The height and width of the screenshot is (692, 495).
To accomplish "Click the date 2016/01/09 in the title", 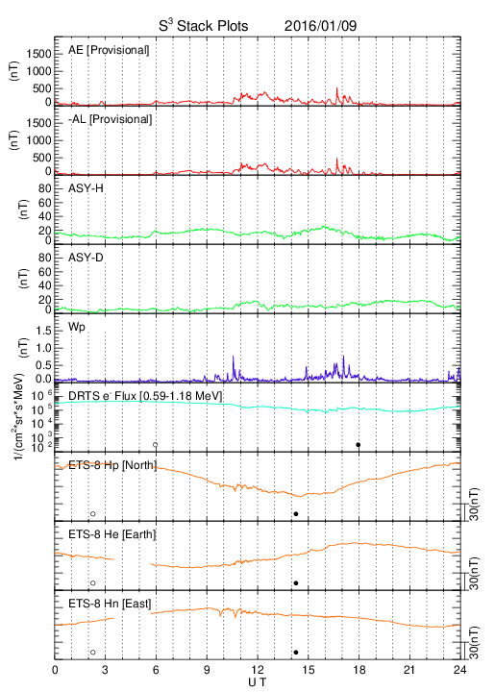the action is click(320, 26).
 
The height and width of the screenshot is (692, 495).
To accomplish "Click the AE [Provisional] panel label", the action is click(109, 50).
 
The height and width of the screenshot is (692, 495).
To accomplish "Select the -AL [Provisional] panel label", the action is click(110, 119).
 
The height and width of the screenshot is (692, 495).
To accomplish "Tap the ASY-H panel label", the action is click(86, 188).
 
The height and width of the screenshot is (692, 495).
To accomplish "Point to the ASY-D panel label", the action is click(86, 258).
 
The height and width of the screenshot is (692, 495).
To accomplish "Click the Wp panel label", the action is click(77, 327).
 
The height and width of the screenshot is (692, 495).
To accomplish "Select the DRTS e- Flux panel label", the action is click(145, 396).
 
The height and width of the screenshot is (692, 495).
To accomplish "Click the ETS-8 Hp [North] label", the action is click(112, 465).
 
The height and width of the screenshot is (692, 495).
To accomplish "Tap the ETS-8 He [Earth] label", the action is click(112, 534).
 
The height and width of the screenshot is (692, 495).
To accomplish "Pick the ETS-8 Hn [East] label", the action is click(110, 604).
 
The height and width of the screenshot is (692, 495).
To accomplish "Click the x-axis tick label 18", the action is click(359, 670).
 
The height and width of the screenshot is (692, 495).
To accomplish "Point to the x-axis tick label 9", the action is click(207, 670).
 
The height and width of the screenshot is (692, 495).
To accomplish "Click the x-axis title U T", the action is click(258, 682).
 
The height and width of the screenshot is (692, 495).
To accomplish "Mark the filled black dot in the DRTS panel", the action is click(359, 445).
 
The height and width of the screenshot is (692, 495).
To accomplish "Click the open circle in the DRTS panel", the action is click(156, 445).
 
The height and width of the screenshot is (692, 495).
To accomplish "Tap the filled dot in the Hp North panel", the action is click(296, 513).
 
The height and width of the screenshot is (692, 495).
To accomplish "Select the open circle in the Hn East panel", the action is click(93, 653).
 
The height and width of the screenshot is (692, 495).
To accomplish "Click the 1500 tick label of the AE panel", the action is click(39, 54).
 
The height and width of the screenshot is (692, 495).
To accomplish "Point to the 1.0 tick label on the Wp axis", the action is click(43, 348).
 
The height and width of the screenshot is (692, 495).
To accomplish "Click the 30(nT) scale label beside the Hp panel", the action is click(474, 504).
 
